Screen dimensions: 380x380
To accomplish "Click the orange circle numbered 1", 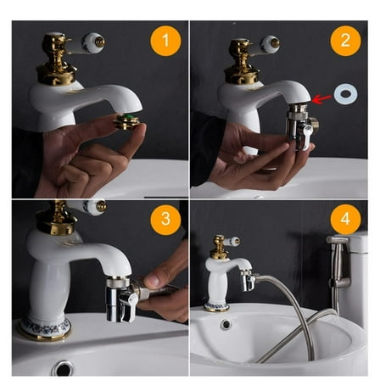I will (165, 41).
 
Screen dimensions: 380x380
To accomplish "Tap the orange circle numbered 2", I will (344, 41).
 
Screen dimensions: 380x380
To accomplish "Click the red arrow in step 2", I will (321, 99).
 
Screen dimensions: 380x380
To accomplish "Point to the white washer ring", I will (345, 94).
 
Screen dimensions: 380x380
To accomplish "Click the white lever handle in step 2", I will (269, 43).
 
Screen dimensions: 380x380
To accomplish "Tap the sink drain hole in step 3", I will (63, 368).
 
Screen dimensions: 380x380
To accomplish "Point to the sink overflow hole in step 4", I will (226, 323).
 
